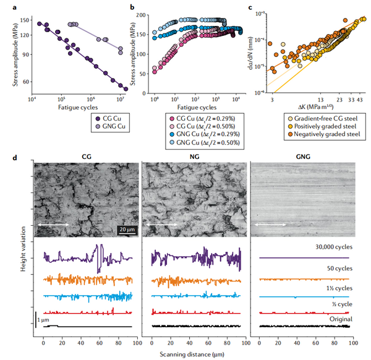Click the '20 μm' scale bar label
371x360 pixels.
pyautogui.click(x=127, y=229)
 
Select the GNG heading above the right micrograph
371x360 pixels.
pyautogui.click(x=302, y=157)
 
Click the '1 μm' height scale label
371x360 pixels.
pyautogui.click(x=43, y=320)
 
